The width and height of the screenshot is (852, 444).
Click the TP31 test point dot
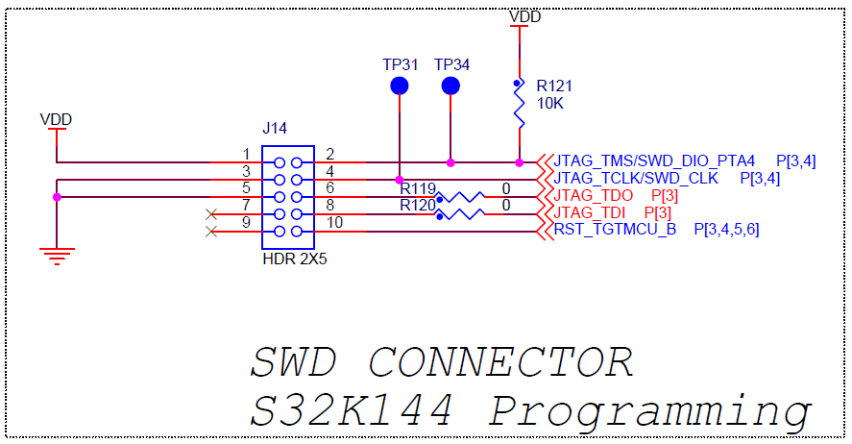400,86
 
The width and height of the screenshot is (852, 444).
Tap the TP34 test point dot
450,86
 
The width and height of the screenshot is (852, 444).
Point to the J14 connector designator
275,128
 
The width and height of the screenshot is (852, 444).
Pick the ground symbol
57,254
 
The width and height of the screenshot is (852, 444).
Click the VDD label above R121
524,16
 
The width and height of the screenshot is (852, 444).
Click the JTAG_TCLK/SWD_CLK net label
636,178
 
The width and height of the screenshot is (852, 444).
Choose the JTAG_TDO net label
594,195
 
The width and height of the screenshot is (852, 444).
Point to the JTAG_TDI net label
591,212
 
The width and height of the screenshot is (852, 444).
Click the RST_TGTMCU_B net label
615,230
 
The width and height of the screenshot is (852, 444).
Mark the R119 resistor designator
418,189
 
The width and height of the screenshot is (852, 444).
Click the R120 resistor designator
418,205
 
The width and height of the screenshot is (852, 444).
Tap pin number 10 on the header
333,223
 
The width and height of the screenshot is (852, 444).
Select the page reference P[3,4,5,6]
726,230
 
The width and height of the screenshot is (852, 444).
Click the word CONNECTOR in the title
500,362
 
